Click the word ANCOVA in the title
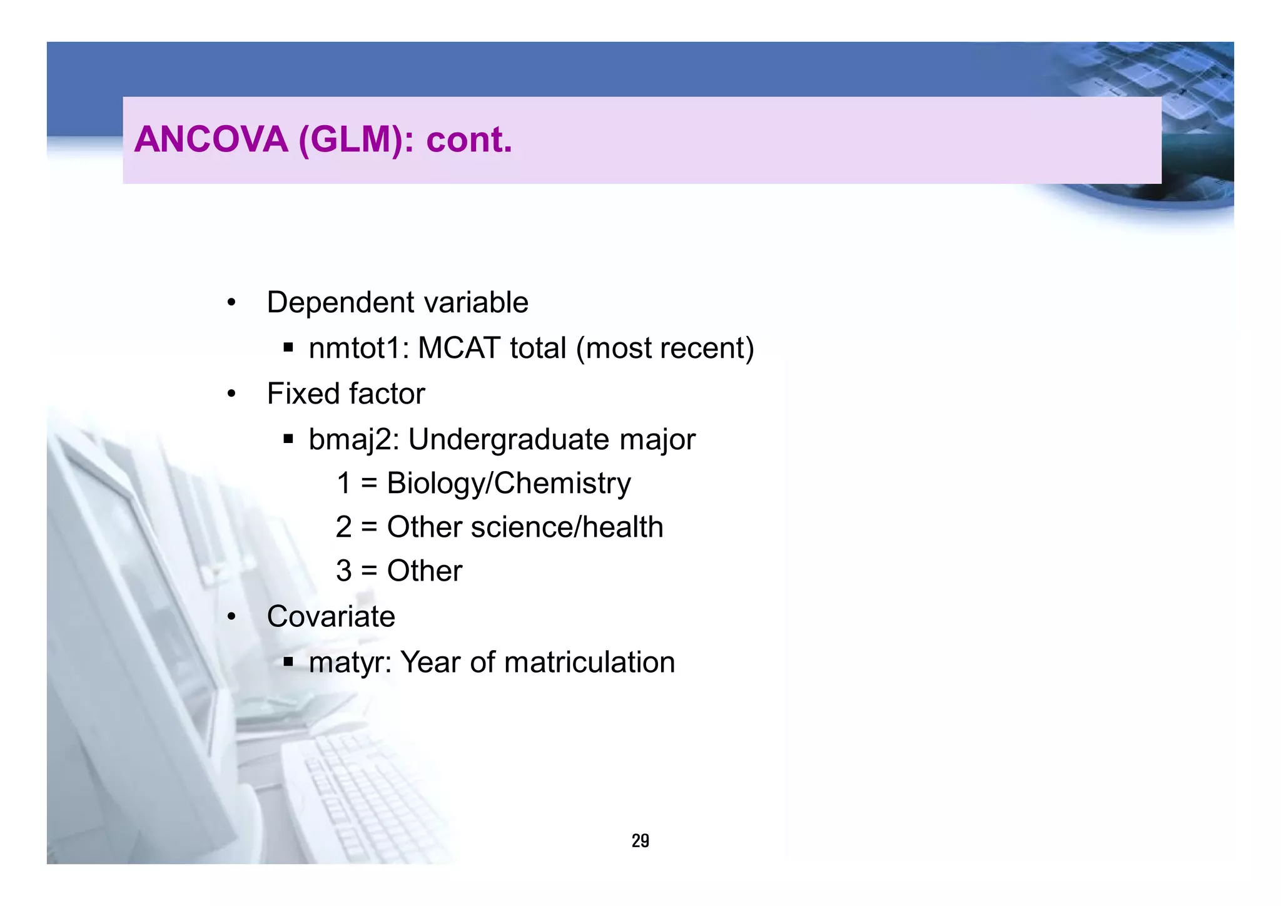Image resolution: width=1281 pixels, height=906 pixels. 211,140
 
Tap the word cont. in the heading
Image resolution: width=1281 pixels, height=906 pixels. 469,140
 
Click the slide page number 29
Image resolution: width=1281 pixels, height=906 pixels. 640,841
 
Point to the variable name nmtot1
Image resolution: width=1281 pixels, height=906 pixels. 358,349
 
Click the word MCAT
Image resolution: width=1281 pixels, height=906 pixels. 459,349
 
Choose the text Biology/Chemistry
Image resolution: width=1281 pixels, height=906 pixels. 509,484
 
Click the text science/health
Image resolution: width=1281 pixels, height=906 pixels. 567,527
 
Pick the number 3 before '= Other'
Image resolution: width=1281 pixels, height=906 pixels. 344,571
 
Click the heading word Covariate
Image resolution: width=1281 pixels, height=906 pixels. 331,617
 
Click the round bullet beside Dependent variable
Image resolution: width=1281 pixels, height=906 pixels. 231,303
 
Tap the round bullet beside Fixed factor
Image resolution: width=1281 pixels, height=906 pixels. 231,394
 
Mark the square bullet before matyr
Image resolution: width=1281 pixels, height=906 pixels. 288,661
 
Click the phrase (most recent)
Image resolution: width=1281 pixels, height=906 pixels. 665,349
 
